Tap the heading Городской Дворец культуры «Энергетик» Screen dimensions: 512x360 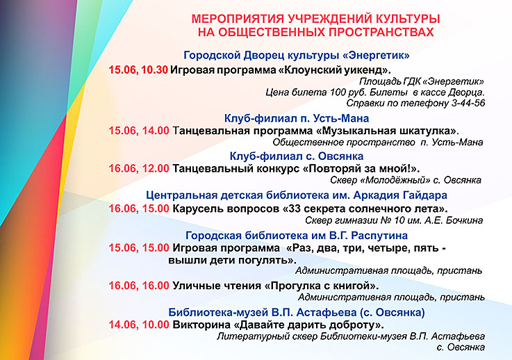[x=297, y=55]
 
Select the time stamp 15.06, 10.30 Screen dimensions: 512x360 [x=138, y=70]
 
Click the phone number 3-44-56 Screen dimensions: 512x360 [x=468, y=104]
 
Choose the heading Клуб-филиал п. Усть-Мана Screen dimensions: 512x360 [x=297, y=118]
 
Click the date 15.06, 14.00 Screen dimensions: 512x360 [x=139, y=131]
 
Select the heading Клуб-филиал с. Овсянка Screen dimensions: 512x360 [x=297, y=156]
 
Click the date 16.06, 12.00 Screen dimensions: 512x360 [x=139, y=168]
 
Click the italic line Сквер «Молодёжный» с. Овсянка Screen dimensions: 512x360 [x=406, y=180]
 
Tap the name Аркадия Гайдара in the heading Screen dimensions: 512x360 [x=400, y=195]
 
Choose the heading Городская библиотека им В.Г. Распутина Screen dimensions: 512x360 [x=297, y=235]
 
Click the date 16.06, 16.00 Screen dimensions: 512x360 [x=139, y=286]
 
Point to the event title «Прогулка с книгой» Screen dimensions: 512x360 [x=322, y=286]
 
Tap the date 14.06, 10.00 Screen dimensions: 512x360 [x=139, y=325]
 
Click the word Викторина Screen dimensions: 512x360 [x=201, y=325]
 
